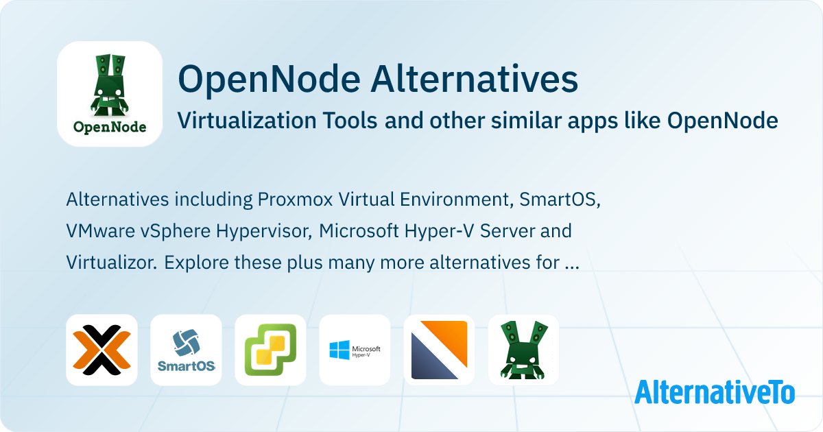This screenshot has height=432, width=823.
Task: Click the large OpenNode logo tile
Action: pos(110,94)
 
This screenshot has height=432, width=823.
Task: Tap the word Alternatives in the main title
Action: pos(475,80)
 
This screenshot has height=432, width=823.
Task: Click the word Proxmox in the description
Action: pos(295,200)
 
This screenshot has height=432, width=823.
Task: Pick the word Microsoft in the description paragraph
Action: pos(359,231)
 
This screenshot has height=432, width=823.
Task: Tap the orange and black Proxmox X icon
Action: pos(102,350)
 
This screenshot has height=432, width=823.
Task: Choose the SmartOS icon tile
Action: pos(187,350)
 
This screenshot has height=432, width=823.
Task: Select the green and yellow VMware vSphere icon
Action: pos(270,350)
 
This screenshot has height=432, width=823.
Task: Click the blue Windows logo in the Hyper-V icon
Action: pos(339,350)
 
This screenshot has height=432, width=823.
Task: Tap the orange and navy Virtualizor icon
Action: pos(439,350)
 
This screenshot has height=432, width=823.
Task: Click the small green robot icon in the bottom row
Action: pos(523,350)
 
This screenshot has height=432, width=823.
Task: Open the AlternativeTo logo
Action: pos(715,392)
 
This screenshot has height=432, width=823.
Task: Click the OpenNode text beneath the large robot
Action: pos(110,127)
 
